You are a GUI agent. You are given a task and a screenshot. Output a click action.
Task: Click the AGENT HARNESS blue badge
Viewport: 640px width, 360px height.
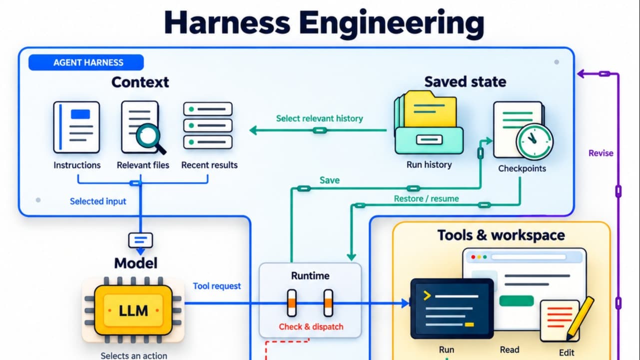(86, 62)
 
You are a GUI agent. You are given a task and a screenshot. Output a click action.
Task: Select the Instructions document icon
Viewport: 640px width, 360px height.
(76, 127)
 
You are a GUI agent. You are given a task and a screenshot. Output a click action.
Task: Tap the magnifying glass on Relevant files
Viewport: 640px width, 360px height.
(150, 138)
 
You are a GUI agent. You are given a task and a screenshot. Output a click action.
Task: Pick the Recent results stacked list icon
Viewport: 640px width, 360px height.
(208, 125)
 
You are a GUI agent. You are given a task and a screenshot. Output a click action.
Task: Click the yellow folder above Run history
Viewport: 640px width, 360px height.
(431, 109)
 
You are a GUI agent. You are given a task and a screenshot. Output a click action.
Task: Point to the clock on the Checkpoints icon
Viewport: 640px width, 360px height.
(534, 141)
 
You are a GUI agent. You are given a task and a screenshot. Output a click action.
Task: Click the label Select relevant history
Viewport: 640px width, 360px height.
(319, 118)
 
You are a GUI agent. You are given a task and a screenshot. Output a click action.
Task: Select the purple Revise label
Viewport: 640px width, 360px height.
(601, 153)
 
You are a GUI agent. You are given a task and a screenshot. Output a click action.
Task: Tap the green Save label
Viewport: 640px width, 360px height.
(329, 180)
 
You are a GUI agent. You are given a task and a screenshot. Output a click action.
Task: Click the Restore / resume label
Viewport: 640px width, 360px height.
(426, 198)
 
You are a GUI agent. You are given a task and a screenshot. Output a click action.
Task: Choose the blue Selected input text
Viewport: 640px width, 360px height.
(98, 201)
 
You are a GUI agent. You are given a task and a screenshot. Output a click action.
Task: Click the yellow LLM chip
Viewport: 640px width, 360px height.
(133, 310)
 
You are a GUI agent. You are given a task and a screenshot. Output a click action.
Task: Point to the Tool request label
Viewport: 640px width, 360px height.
(217, 286)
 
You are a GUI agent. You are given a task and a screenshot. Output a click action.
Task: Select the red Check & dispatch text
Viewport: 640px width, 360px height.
(311, 326)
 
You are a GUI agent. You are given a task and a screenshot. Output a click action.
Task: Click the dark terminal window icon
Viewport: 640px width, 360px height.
(452, 308)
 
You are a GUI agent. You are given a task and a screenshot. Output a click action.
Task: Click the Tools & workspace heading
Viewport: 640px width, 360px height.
(501, 235)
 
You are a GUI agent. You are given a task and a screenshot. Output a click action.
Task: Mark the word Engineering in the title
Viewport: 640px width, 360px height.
(392, 23)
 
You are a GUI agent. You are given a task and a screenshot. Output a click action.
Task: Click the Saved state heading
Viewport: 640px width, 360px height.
(465, 82)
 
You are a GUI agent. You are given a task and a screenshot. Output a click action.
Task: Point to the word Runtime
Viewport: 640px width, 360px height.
(310, 275)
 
